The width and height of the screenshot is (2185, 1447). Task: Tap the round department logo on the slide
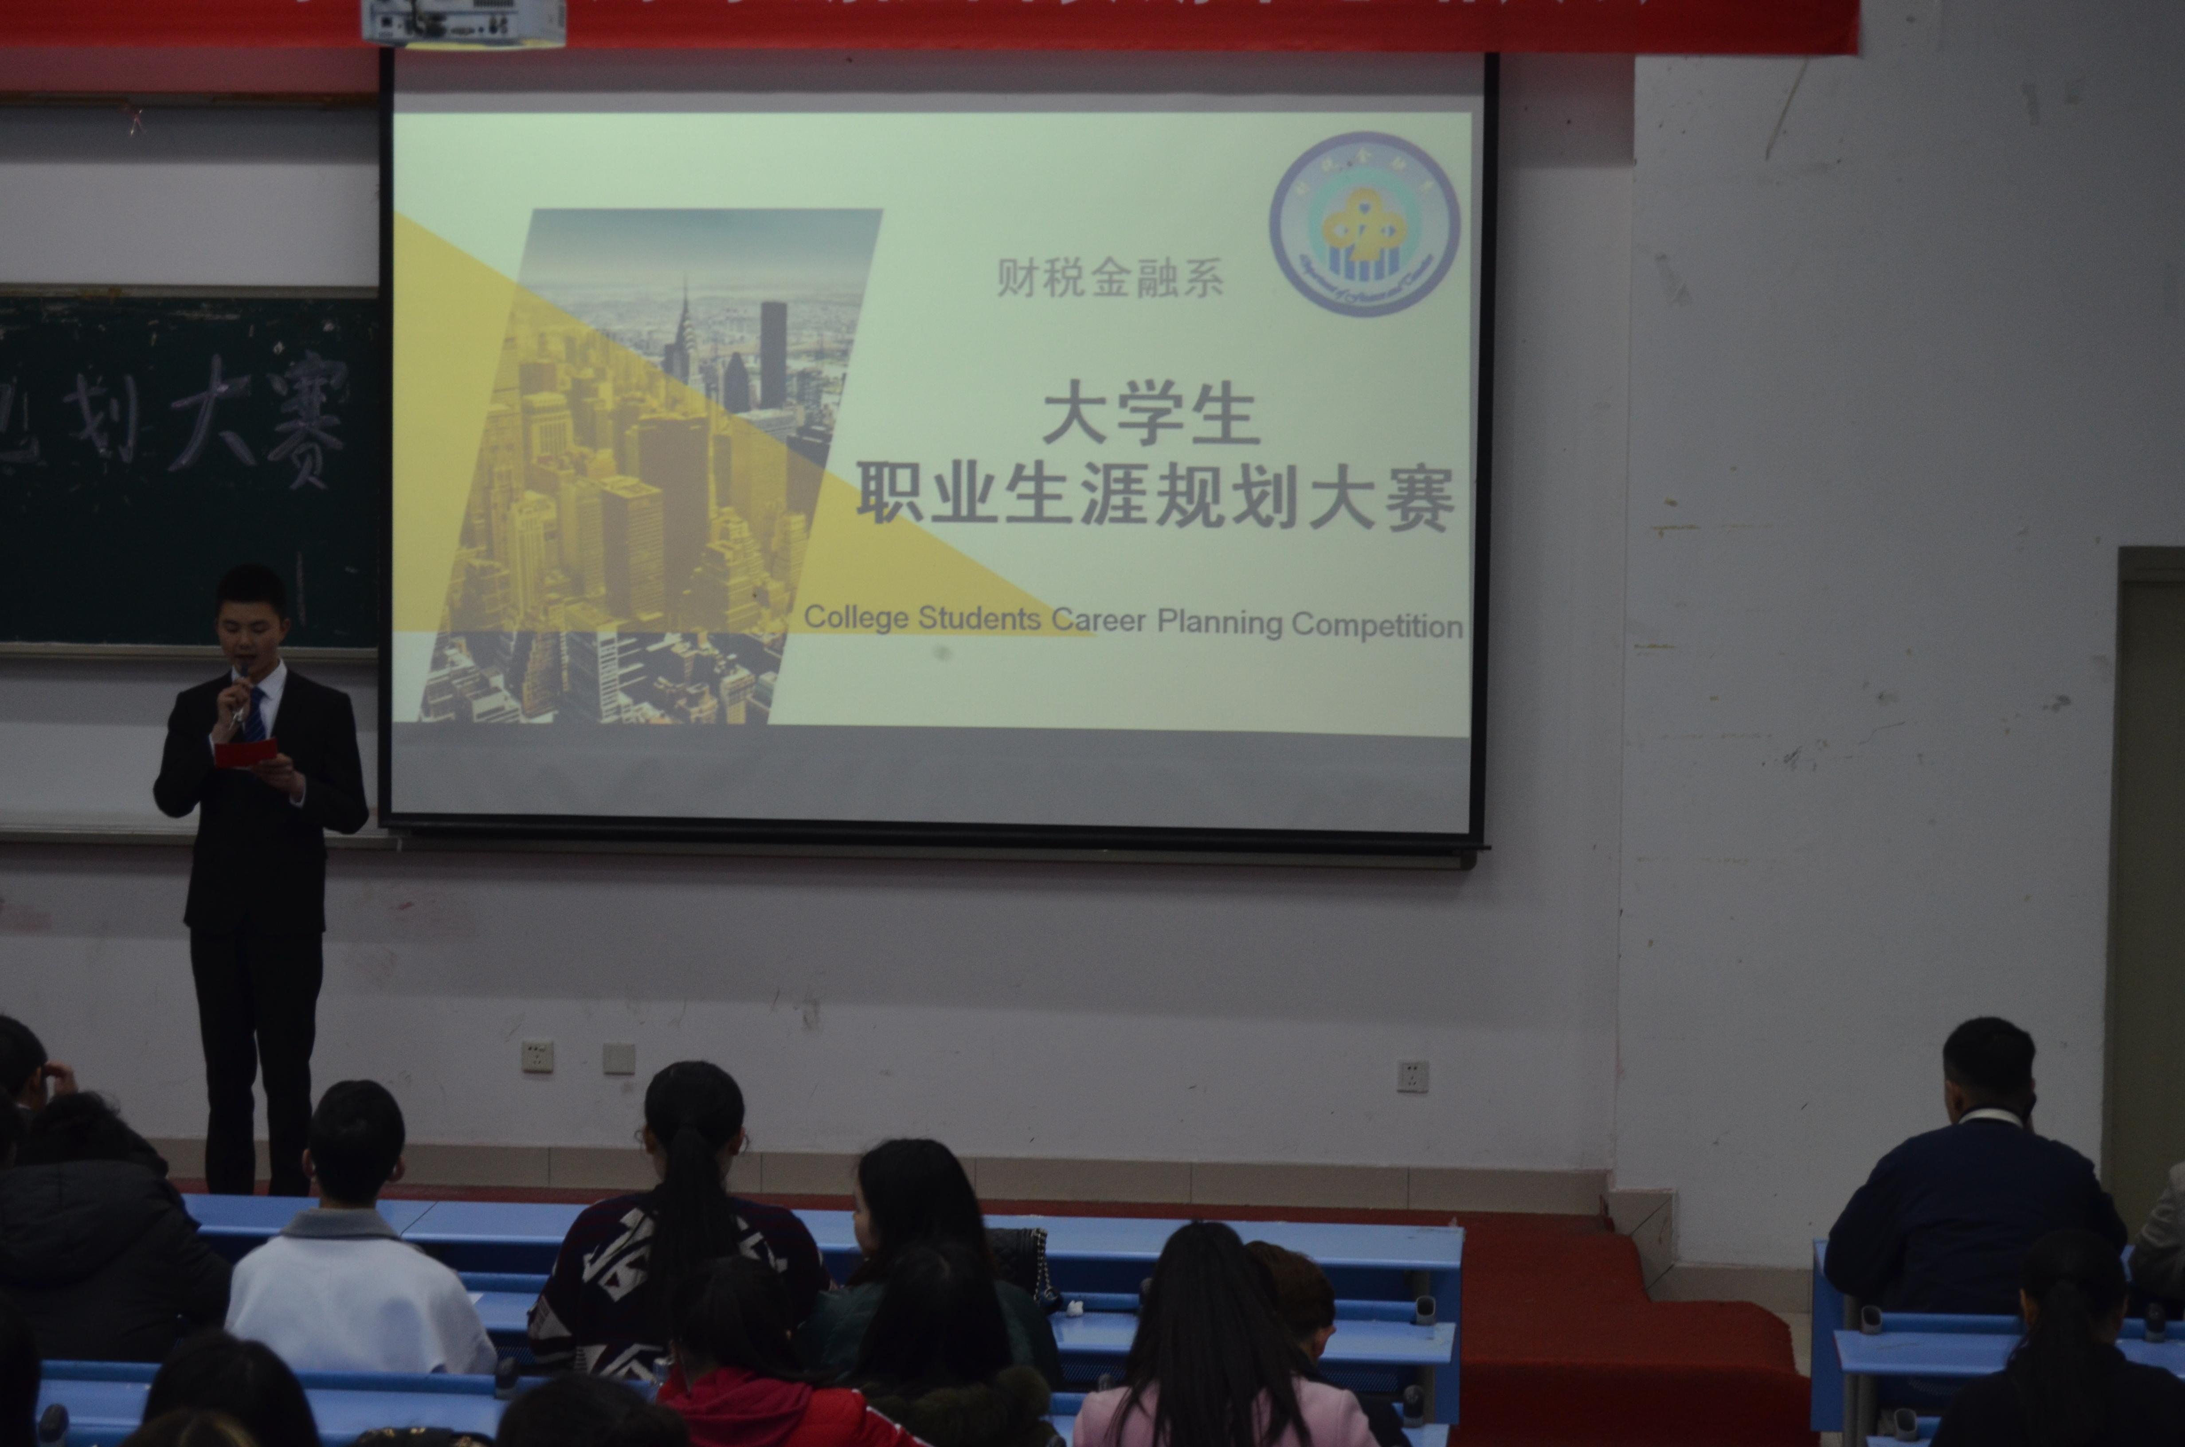click(x=1364, y=224)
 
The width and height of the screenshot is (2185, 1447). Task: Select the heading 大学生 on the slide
click(x=1151, y=417)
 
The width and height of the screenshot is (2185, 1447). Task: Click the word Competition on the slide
click(x=1377, y=626)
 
